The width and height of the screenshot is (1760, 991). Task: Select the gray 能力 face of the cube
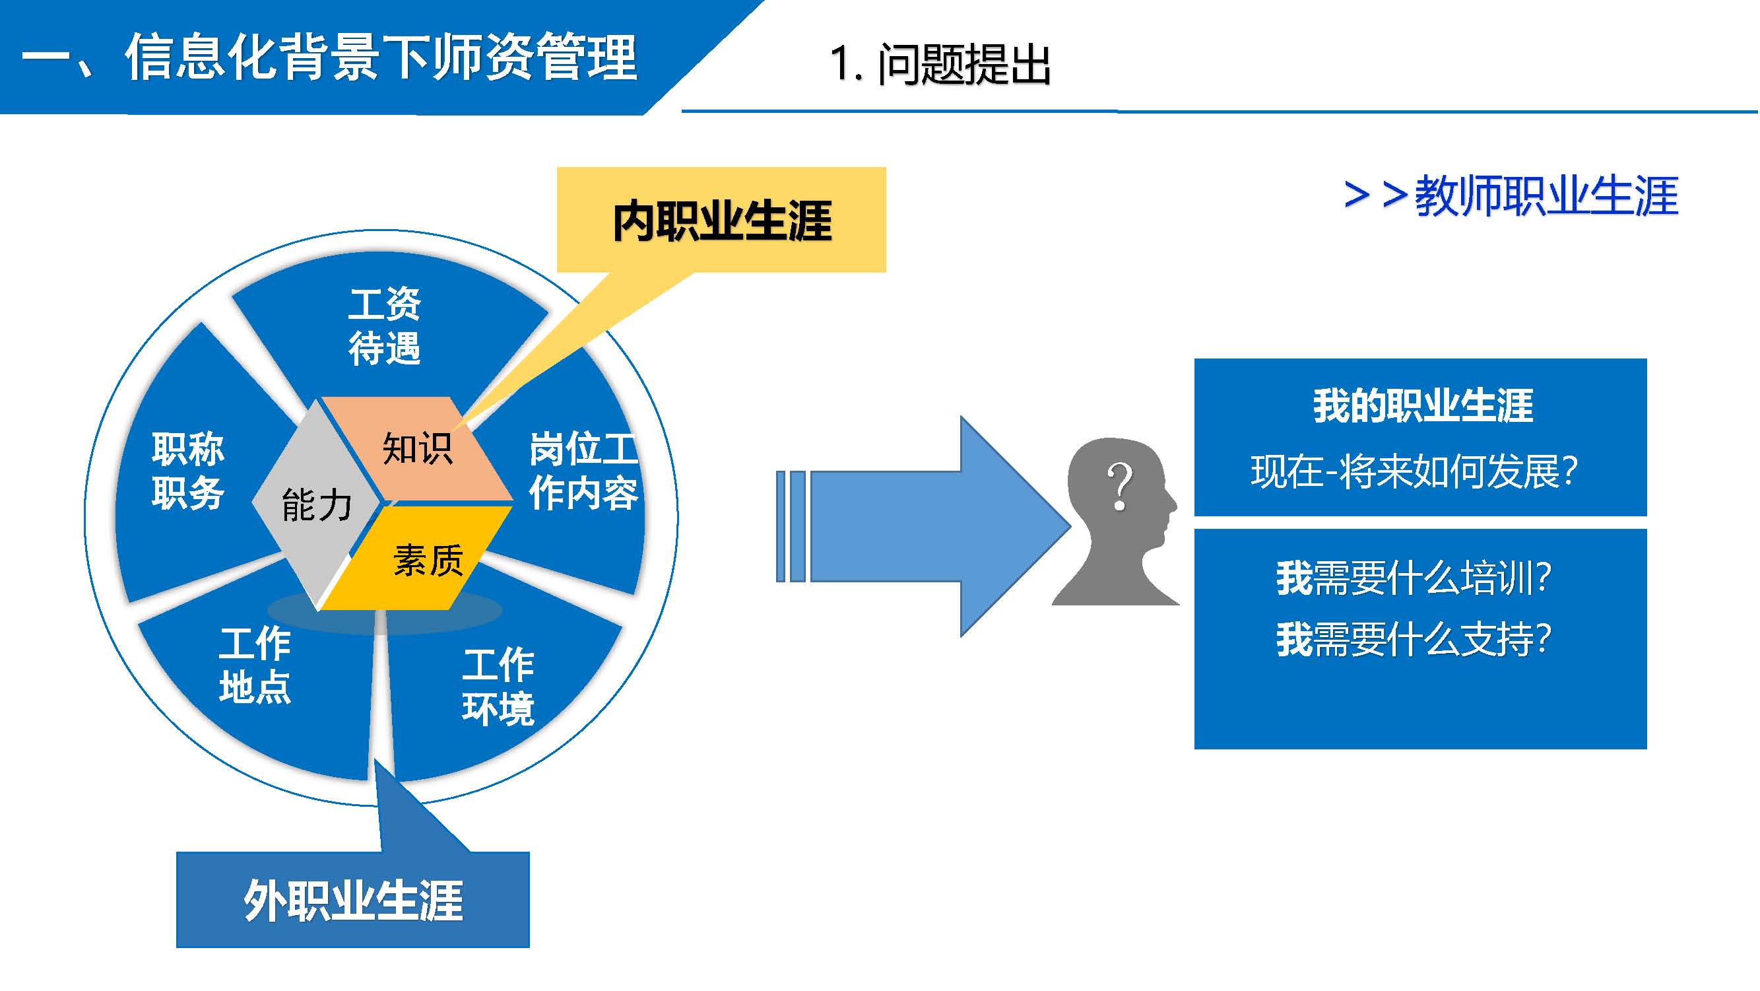tap(316, 505)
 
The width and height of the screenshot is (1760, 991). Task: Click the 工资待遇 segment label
tap(385, 326)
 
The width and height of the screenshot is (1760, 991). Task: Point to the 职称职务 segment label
tap(188, 471)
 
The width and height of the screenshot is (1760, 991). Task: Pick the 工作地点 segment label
tap(255, 664)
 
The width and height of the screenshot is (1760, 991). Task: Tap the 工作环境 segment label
tap(498, 686)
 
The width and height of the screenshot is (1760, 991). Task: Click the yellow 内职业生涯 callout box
tap(721, 220)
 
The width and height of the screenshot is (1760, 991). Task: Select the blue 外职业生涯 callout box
tap(352, 900)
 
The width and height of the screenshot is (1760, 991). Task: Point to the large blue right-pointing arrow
tap(923, 526)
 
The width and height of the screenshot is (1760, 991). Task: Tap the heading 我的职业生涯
tap(1423, 405)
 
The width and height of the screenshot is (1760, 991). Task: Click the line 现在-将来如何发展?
tap(1414, 471)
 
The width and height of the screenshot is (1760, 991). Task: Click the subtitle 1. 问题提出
tap(940, 65)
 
